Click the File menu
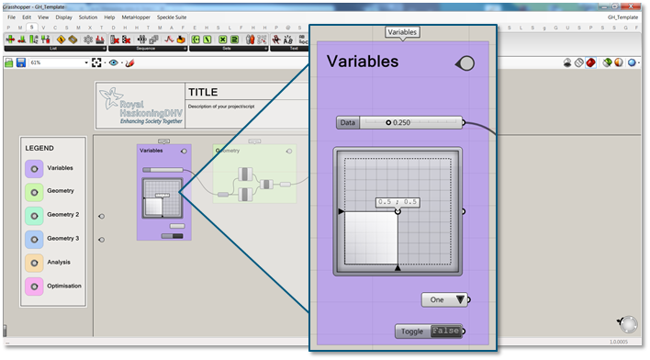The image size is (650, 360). click(11, 17)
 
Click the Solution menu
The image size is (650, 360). click(88, 17)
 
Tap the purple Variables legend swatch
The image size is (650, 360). click(34, 169)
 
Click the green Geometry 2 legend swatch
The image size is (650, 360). click(34, 215)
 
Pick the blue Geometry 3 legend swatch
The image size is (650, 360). click(34, 239)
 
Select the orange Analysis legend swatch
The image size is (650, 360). click(34, 263)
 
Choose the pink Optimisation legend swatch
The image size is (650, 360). click(34, 287)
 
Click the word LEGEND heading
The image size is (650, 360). click(39, 148)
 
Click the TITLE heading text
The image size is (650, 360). click(204, 93)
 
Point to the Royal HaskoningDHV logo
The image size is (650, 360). click(140, 107)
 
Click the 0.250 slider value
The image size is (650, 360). click(400, 122)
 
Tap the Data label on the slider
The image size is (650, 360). click(347, 122)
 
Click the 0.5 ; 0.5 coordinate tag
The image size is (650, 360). click(398, 202)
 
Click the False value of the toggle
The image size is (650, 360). click(445, 332)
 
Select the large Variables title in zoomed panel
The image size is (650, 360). click(363, 62)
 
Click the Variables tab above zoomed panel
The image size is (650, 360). click(402, 32)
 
